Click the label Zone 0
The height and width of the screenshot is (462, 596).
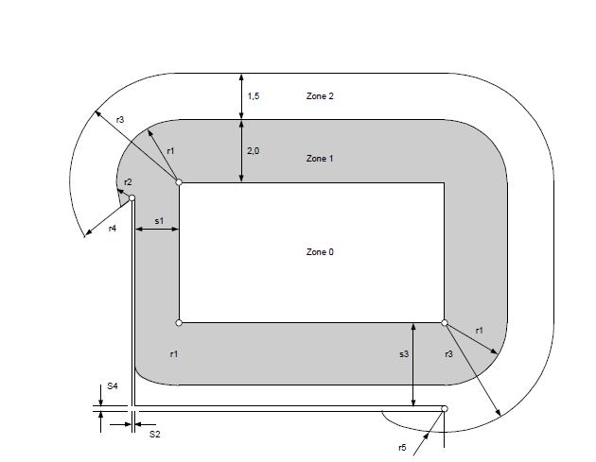click(x=320, y=252)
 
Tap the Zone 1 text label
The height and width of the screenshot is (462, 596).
click(x=320, y=159)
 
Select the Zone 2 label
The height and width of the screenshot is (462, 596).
click(x=320, y=96)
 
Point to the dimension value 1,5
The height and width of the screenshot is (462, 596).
click(x=253, y=96)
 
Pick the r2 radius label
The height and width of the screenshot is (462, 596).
click(x=128, y=181)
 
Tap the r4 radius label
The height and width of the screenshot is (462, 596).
click(x=113, y=229)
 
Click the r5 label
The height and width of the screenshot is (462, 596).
click(x=402, y=446)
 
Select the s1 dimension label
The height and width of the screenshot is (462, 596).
click(x=159, y=220)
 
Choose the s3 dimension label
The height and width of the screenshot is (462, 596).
click(x=404, y=353)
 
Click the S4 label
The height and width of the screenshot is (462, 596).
click(x=112, y=386)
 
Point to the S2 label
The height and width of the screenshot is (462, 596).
click(x=155, y=434)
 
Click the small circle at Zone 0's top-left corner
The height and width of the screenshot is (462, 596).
click(x=179, y=181)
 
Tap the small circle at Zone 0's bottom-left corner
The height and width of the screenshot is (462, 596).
click(x=179, y=323)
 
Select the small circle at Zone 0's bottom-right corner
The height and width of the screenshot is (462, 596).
click(x=445, y=323)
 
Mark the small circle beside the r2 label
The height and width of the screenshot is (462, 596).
click(x=132, y=198)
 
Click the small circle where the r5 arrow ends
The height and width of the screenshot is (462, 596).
click(x=445, y=409)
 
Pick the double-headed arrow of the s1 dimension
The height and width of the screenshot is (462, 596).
click(x=157, y=230)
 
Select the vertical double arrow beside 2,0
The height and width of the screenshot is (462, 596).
click(x=242, y=150)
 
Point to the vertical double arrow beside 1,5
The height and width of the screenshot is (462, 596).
click(x=242, y=96)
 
